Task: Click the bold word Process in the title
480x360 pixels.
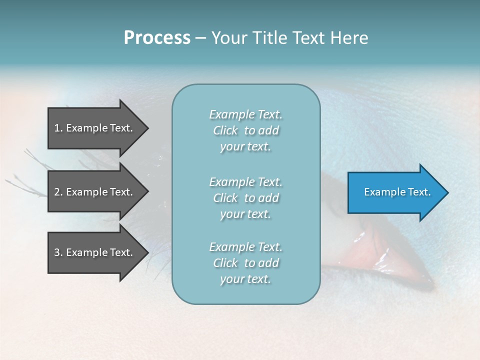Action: pos(157,38)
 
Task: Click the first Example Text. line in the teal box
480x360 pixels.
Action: pos(245,114)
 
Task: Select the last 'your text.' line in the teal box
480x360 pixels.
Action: pos(245,279)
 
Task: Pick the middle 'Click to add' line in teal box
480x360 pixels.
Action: pos(245,198)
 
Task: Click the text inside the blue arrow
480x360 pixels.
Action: pos(397,192)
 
